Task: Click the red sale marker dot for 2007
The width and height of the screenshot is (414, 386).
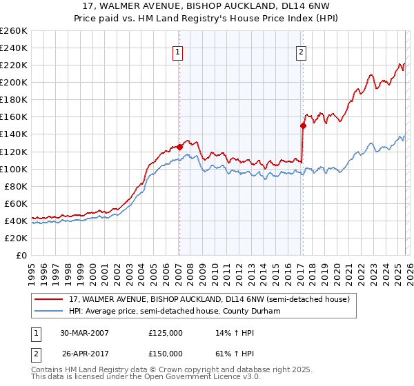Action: tap(179, 147)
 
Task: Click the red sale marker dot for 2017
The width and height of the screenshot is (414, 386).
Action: tap(302, 125)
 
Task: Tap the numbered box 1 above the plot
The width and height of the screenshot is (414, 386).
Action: tap(178, 51)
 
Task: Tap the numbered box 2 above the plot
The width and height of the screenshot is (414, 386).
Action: tap(302, 51)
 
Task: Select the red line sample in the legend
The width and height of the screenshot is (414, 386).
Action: tap(49, 299)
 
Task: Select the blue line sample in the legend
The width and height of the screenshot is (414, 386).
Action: tap(49, 311)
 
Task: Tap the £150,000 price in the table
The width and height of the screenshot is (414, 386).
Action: tap(165, 354)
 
